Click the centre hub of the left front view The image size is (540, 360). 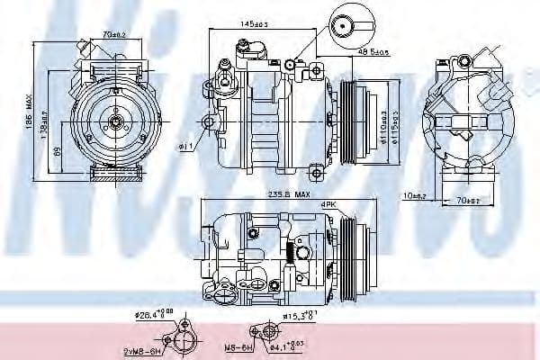point(114,119)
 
